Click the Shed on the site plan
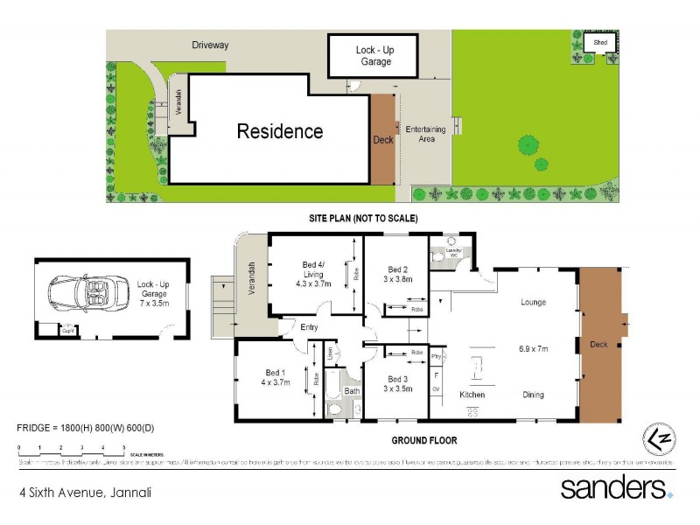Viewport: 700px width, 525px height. point(599,42)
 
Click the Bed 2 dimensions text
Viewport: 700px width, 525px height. point(398,279)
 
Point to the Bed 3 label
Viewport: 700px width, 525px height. point(398,379)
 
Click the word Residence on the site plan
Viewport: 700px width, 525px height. point(280,132)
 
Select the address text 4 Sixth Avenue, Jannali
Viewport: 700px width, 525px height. point(85,493)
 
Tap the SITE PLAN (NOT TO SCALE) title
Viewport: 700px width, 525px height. point(361,217)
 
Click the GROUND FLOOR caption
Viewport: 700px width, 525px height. point(423,440)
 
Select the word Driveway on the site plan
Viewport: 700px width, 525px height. point(210,45)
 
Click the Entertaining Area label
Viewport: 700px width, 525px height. point(426,134)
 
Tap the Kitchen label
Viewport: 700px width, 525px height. point(472,395)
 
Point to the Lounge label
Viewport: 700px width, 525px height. point(532,303)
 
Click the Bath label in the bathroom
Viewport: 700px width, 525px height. point(351,391)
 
